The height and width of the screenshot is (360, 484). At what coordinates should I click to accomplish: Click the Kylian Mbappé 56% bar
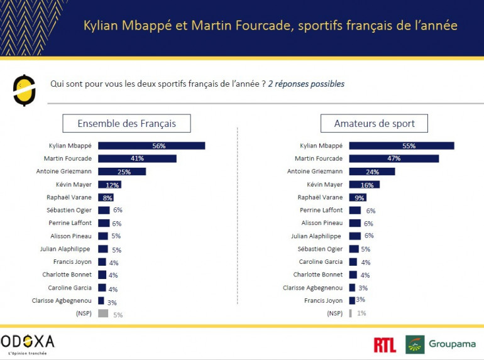pos(151,146)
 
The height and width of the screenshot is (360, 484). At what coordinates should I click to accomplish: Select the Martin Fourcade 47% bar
pos(393,158)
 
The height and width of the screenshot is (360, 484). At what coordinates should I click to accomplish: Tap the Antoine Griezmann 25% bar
pos(122,172)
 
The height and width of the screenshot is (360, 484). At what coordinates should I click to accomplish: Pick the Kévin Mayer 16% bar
pos(364,185)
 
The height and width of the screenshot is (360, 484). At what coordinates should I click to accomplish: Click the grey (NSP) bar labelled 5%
pos(103,314)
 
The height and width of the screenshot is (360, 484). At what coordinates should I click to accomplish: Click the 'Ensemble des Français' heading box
pos(126,123)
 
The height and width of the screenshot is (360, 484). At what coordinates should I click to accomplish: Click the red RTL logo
pos(385,344)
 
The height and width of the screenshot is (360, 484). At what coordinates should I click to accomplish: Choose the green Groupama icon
pos(415,344)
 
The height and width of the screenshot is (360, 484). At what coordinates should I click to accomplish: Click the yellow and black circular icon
pos(24,90)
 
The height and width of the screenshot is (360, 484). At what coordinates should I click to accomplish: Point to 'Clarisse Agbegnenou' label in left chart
pos(62,300)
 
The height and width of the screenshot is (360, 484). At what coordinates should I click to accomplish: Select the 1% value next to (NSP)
pos(361,314)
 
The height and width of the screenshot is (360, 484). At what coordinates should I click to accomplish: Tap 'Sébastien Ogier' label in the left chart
pos(69,210)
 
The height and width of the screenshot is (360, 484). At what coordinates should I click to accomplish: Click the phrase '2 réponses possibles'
pos(306,84)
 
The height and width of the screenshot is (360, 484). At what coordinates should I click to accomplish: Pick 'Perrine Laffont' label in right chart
pos(321,210)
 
